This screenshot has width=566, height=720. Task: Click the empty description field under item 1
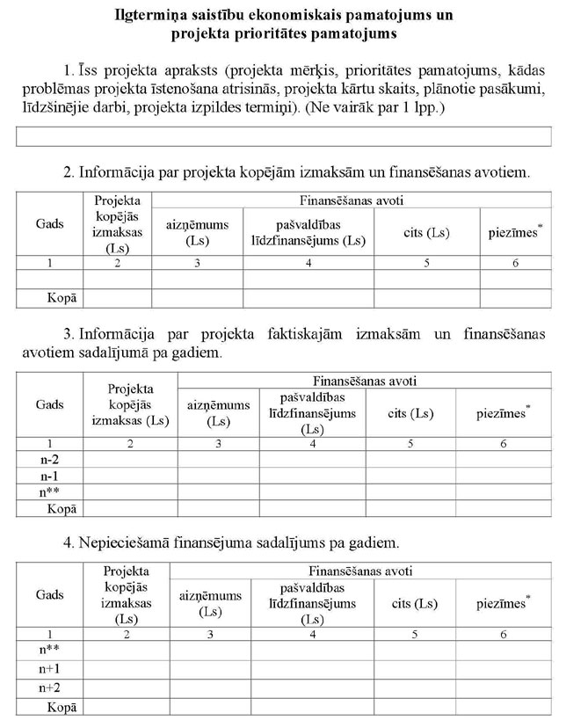[283, 136]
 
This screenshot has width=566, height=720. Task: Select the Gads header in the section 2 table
[50, 224]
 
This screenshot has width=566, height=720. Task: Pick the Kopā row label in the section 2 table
[62, 298]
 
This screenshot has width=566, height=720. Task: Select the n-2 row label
[50, 460]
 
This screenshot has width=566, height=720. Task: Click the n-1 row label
[50, 476]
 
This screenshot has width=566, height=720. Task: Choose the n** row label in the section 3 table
[50, 492]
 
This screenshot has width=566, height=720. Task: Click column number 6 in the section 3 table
[504, 443]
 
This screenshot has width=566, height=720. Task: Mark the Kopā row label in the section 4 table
[62, 706]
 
